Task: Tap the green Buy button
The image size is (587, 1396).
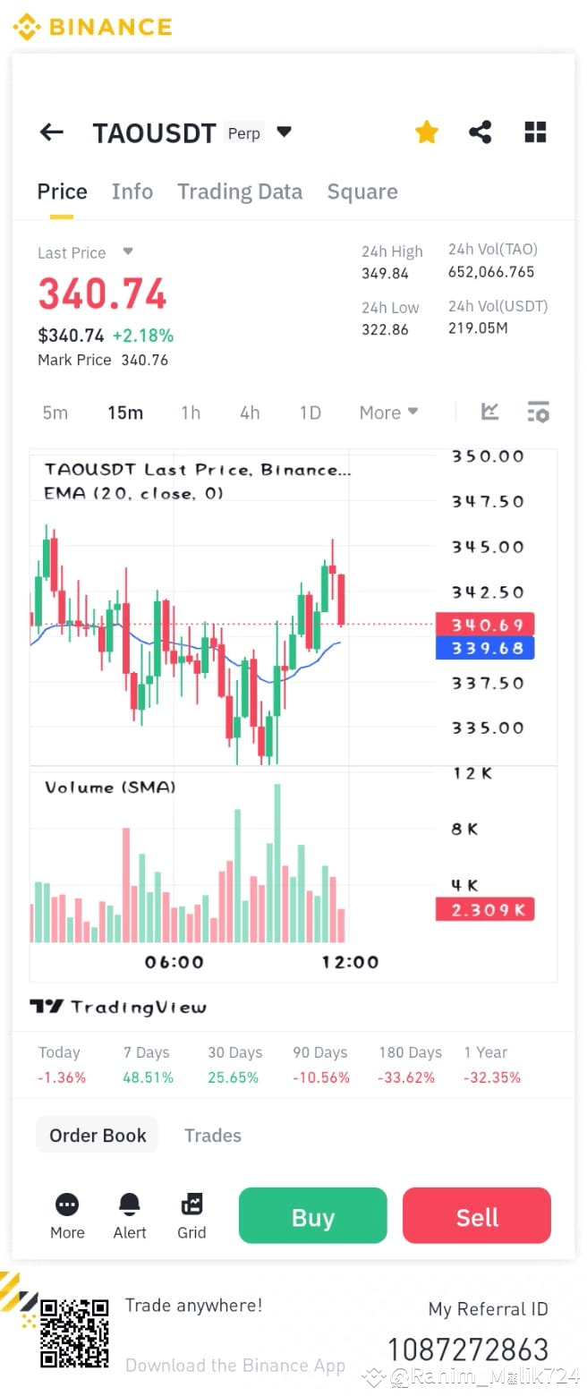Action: click(x=312, y=1216)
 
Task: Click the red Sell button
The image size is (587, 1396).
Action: click(x=476, y=1216)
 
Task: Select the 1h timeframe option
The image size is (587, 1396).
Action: click(x=191, y=413)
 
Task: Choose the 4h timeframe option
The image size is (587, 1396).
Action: click(x=250, y=413)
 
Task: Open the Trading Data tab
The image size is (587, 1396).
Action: click(x=239, y=192)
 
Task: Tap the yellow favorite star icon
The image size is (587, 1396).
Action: click(x=427, y=132)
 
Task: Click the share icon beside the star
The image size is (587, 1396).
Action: click(x=481, y=132)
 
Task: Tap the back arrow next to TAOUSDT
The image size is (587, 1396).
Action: click(x=52, y=132)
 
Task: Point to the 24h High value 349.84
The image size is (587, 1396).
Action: click(x=385, y=274)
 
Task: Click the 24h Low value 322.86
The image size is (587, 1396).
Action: click(x=385, y=329)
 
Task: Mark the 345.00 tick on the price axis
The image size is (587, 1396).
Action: click(x=488, y=547)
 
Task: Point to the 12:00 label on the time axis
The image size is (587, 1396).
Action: click(x=350, y=962)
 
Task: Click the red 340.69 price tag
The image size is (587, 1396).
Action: click(x=484, y=624)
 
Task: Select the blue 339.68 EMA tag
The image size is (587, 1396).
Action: click(x=484, y=648)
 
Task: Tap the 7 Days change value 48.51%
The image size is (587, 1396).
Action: click(x=148, y=1077)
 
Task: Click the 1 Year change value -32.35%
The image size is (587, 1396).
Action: click(x=492, y=1077)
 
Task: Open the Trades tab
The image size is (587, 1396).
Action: click(x=213, y=1136)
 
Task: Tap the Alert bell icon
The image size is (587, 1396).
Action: click(x=130, y=1204)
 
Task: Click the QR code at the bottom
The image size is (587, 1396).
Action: click(x=75, y=1333)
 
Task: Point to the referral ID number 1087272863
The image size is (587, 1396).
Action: click(x=467, y=1349)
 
